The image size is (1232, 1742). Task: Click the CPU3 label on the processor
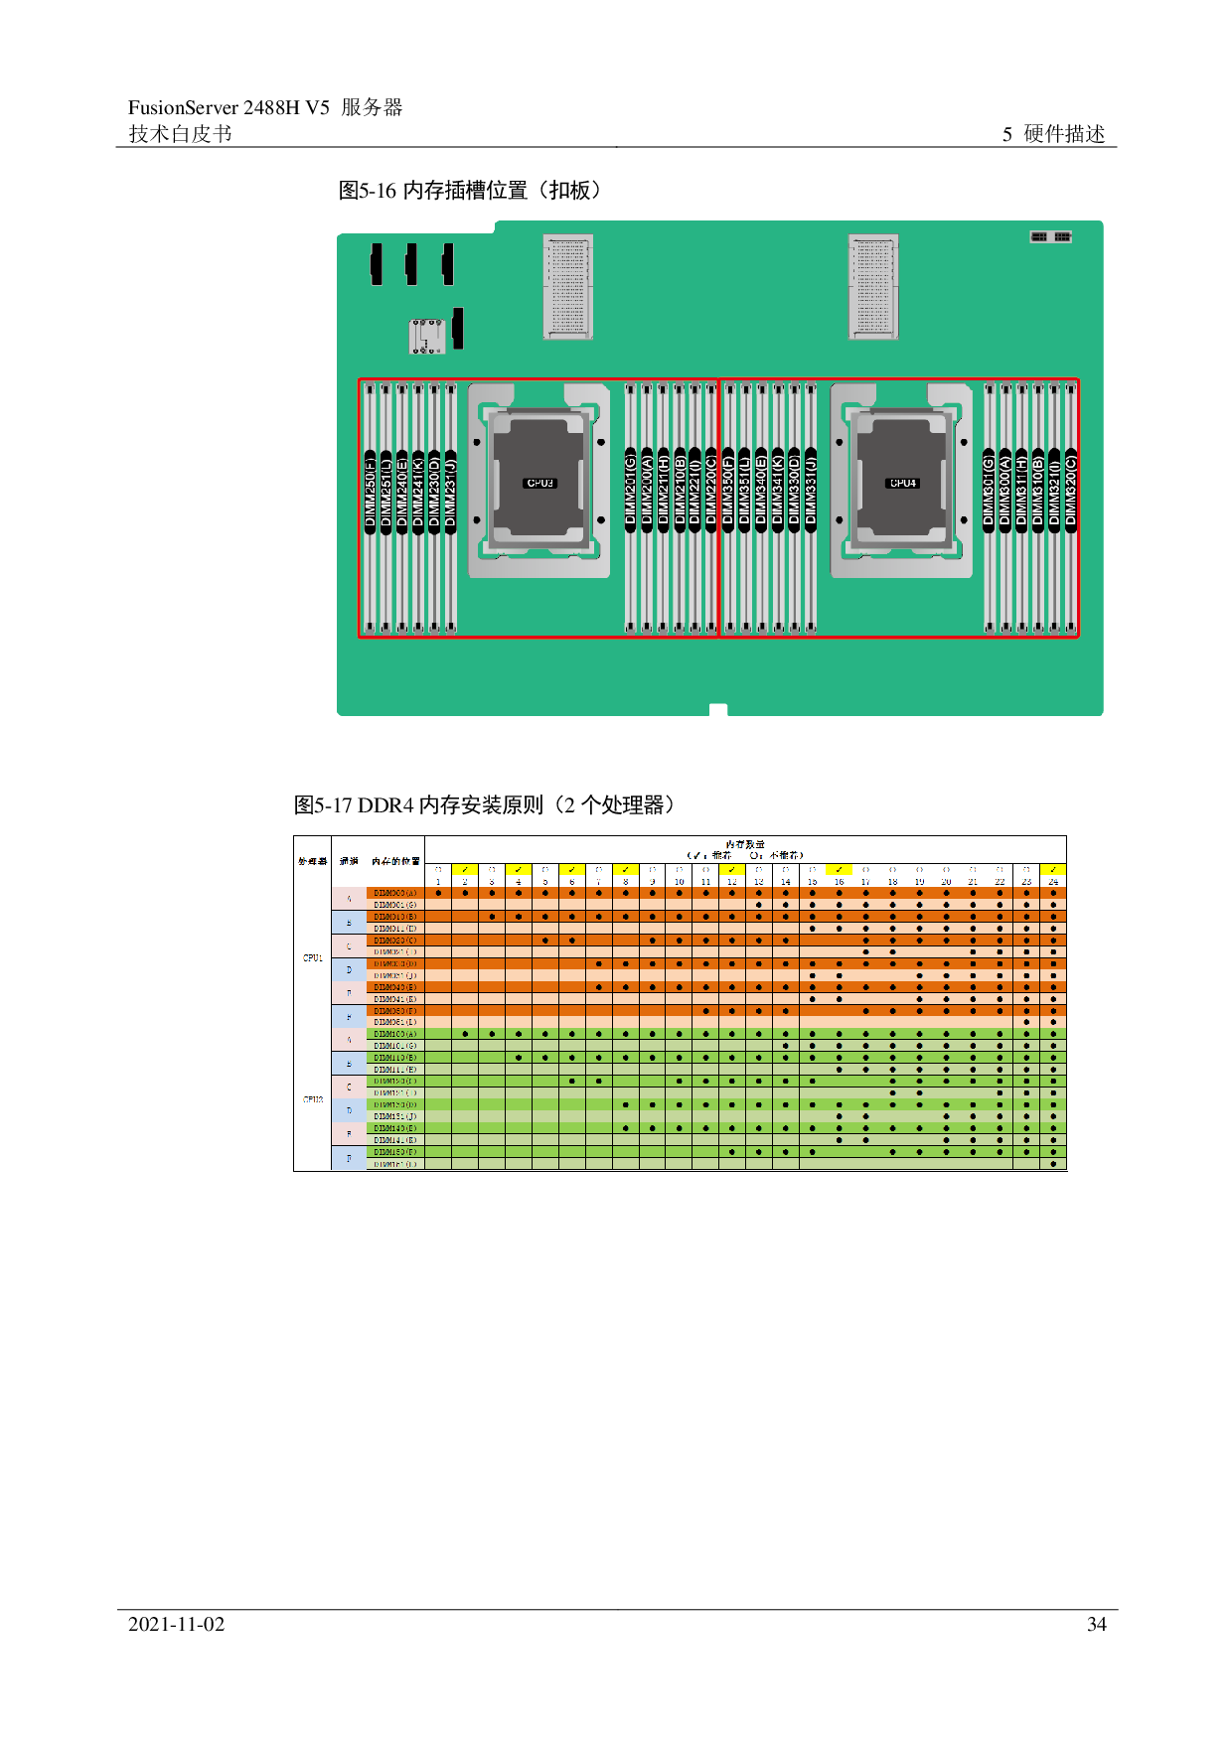539,484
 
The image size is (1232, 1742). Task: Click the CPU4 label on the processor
902,484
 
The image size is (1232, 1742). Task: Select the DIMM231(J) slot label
450,492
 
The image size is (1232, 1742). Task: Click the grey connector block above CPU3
568,288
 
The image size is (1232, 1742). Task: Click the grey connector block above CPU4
873,288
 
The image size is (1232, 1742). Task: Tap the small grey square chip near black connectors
427,336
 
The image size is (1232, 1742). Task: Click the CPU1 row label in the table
312,957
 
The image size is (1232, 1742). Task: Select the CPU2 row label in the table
312,1099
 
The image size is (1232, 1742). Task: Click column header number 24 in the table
1053,882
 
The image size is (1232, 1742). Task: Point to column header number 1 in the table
438,882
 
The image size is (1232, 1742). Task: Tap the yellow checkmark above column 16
839,870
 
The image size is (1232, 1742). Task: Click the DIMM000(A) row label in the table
395,893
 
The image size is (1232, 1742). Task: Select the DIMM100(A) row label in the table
395,1034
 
